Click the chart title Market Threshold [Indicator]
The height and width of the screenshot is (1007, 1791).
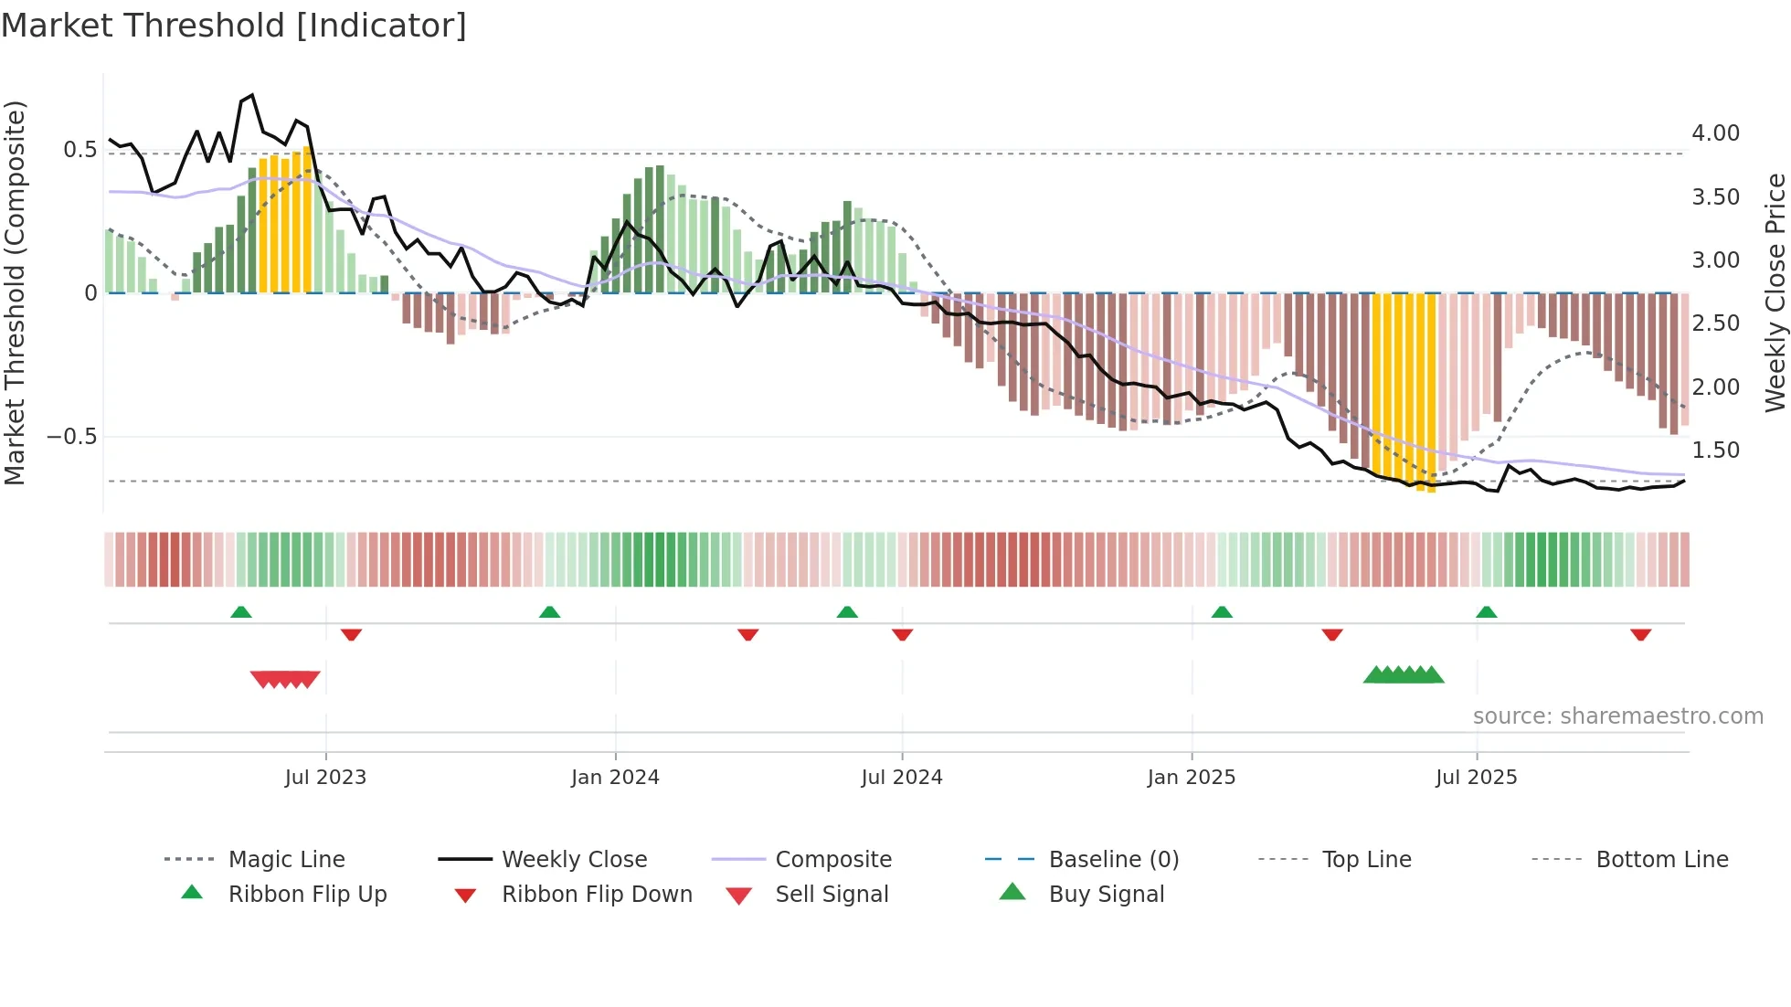234,26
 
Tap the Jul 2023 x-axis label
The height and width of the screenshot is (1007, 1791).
325,778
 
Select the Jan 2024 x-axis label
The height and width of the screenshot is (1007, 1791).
615,778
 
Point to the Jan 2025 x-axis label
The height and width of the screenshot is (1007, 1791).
1191,778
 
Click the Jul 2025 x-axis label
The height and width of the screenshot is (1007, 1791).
1476,778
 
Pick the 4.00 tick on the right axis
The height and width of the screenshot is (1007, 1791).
1715,133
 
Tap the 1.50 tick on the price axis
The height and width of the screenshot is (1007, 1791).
1715,450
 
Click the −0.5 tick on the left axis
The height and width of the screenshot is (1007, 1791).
72,437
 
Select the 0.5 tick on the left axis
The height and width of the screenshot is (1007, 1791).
79,150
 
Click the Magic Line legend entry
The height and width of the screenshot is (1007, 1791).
286,860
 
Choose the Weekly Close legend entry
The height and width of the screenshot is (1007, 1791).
574,860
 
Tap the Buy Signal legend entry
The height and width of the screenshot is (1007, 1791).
1106,895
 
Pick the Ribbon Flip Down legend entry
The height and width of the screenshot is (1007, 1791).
597,895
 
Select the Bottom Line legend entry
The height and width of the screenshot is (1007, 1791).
1661,860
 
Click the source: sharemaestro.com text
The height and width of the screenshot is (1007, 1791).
1617,716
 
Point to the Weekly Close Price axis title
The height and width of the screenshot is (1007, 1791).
1775,292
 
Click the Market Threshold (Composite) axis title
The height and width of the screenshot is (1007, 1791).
15,292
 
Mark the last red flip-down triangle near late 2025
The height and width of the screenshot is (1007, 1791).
1640,634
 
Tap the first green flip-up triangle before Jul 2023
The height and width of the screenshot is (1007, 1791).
241,612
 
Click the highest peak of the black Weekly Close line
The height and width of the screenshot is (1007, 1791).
252,95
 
